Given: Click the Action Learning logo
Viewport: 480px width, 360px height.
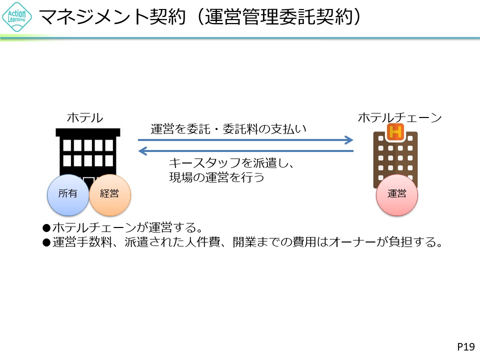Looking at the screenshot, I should coord(17,17).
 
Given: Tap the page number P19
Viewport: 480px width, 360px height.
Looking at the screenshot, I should coord(465,346).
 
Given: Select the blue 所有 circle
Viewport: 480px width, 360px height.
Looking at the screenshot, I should coord(67,194).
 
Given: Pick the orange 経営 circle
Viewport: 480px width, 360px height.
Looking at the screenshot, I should coord(109,194).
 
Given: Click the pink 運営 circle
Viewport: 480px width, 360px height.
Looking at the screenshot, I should coord(397,194).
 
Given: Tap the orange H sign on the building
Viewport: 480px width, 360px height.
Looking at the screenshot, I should coord(395,132).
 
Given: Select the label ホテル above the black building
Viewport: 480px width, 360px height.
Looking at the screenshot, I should coord(85,118).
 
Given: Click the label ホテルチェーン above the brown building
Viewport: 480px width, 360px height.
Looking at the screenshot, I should coord(400,118).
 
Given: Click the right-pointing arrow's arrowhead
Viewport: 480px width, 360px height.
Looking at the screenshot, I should coord(349,140).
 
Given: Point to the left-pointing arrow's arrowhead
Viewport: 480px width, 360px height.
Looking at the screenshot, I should coord(143,150).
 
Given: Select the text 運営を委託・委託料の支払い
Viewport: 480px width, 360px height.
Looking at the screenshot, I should coord(228,129).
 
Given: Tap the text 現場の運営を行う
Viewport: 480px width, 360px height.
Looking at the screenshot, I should coord(216,177).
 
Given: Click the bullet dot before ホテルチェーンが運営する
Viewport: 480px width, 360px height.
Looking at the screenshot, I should coord(46,228).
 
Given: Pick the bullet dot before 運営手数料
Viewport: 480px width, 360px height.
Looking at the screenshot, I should coord(46,243).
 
